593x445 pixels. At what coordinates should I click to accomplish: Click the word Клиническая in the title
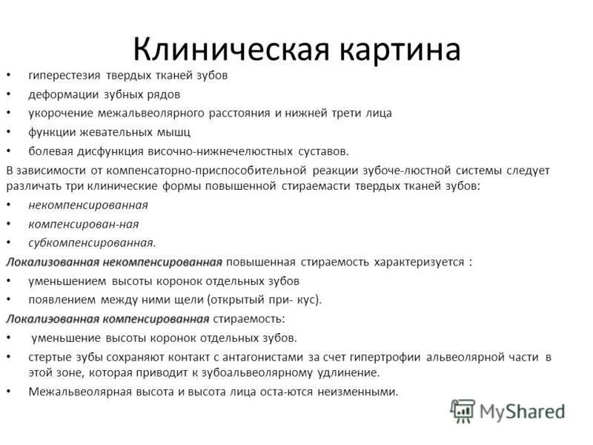pyautogui.click(x=228, y=49)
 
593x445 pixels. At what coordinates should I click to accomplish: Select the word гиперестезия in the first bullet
pyautogui.click(x=64, y=76)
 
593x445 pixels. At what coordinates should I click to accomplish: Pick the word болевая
pyautogui.click(x=50, y=151)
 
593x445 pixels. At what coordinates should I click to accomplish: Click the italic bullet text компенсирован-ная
pyautogui.click(x=84, y=223)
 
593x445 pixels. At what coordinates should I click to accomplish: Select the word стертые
pyautogui.click(x=49, y=357)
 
